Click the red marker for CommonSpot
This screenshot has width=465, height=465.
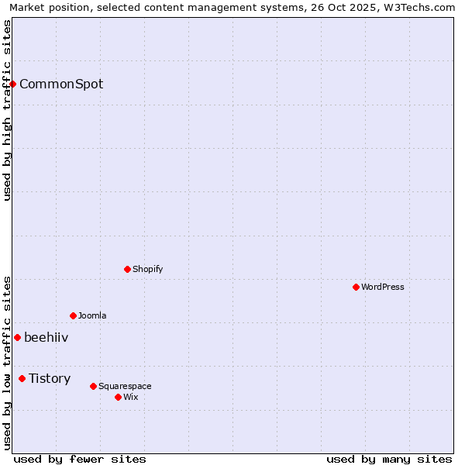[13, 84]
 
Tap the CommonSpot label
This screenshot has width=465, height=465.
[61, 84]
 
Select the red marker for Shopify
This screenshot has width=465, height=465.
[127, 269]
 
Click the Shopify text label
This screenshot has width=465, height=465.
[147, 269]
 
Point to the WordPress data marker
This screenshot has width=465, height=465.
[356, 287]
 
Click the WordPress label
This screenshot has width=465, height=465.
[383, 287]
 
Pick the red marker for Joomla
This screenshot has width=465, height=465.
[73, 315]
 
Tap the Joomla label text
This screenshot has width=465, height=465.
[92, 315]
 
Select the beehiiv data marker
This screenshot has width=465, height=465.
[17, 337]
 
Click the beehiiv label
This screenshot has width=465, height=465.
[46, 337]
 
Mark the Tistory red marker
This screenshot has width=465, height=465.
[22, 378]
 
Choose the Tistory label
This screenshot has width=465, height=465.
[50, 378]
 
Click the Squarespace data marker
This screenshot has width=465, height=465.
[93, 386]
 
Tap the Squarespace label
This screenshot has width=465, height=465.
[125, 386]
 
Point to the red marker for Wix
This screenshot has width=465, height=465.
[118, 397]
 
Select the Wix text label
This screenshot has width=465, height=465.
[131, 397]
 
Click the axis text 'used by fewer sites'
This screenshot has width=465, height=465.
[80, 459]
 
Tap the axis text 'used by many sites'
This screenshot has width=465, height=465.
[389, 459]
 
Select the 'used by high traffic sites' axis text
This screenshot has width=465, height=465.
[8, 110]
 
